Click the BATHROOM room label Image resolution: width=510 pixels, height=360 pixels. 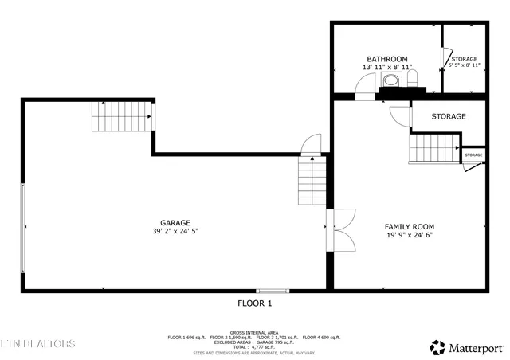386,59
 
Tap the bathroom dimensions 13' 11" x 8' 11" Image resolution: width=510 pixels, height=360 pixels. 386,68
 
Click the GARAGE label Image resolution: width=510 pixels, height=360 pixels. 175,223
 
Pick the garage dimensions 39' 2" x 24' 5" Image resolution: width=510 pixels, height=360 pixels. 175,232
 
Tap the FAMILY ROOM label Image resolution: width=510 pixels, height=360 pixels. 410,227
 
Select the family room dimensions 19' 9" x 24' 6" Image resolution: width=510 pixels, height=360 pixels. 410,236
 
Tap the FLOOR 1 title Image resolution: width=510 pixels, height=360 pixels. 255,303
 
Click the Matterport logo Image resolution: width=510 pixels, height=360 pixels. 468,347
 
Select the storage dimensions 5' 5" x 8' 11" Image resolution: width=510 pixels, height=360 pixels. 464,66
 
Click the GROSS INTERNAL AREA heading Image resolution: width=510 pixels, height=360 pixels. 255,332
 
